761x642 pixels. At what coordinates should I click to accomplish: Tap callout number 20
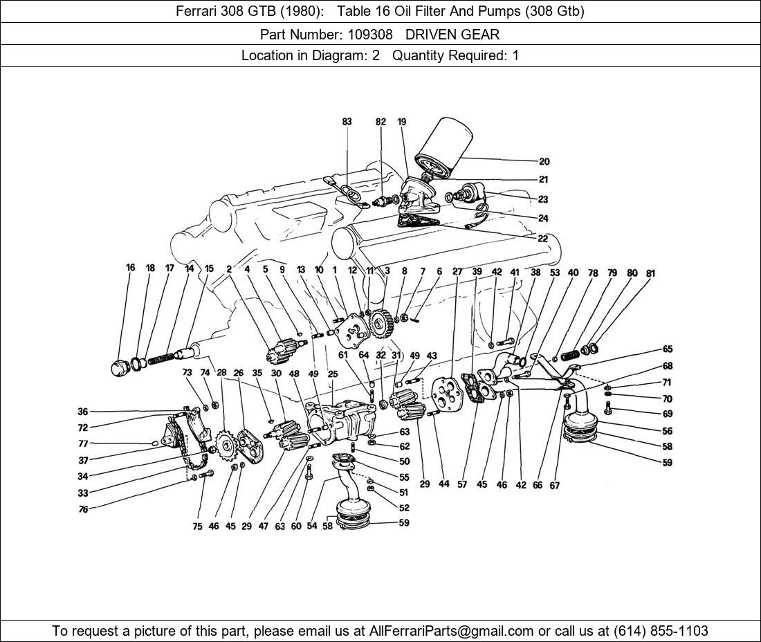coord(544,162)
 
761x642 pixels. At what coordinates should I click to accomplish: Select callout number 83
coord(347,122)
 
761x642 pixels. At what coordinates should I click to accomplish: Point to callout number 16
coord(130,268)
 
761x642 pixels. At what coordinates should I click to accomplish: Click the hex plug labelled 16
coord(120,367)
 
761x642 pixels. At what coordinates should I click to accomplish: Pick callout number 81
coord(650,273)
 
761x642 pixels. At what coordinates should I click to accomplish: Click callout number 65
coord(667,349)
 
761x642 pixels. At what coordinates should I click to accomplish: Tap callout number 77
coord(83,443)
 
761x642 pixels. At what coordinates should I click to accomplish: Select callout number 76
coord(83,508)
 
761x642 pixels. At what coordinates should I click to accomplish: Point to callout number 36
coord(83,412)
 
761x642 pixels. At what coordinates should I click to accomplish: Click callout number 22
coord(542,239)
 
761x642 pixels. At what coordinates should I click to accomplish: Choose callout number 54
coord(312,526)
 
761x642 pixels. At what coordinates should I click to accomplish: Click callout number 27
coord(457,272)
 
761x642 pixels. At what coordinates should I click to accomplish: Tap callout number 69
coord(667,414)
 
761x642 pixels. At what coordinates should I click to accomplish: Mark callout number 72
coord(83,428)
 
